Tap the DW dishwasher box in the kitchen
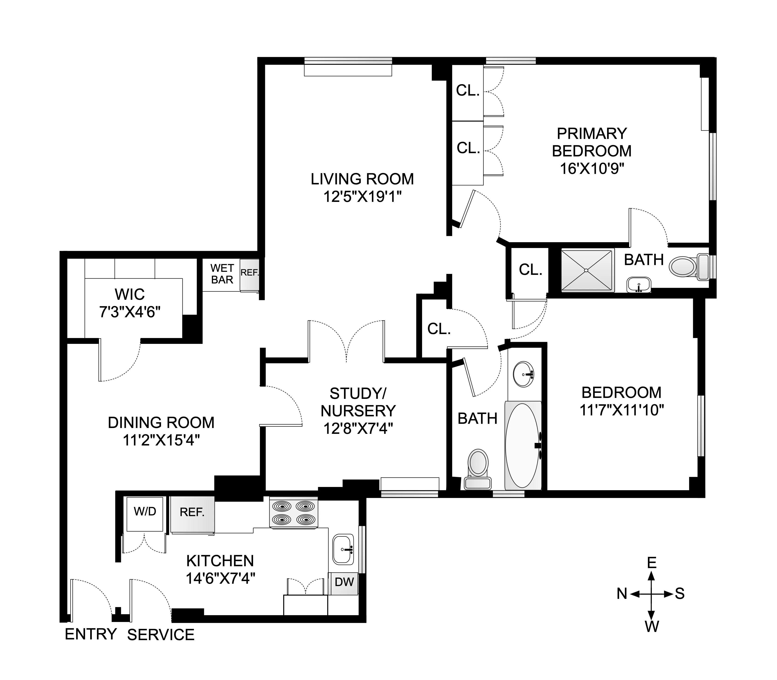point(344,582)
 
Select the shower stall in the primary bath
point(587,270)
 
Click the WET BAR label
point(222,274)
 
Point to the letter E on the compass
point(651,562)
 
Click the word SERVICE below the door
point(161,635)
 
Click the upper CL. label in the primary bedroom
point(468,90)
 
